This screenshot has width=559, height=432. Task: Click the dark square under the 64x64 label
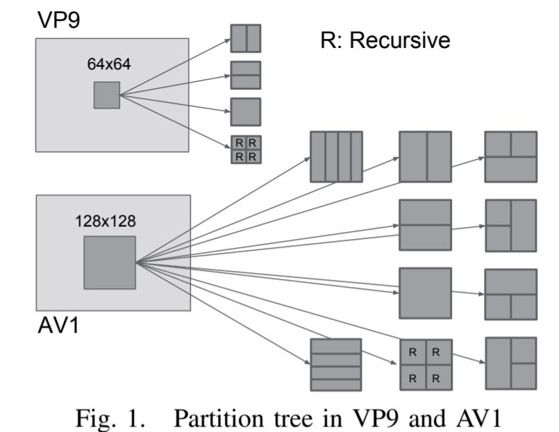click(x=106, y=95)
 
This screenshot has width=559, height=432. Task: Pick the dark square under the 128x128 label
click(x=110, y=263)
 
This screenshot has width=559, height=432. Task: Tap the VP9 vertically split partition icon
click(x=245, y=39)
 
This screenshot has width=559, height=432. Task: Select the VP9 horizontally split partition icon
click(x=245, y=75)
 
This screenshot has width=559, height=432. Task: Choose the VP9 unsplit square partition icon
click(x=245, y=112)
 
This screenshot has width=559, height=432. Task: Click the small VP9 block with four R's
click(x=245, y=149)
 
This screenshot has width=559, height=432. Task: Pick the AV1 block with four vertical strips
click(x=335, y=157)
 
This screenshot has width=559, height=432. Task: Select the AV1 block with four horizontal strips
click(x=335, y=364)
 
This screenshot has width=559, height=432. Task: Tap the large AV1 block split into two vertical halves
click(x=425, y=157)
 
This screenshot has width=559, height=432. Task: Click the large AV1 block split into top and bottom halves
click(x=425, y=225)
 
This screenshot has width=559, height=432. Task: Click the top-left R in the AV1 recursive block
click(x=412, y=352)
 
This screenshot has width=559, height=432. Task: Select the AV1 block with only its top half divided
click(x=510, y=157)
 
